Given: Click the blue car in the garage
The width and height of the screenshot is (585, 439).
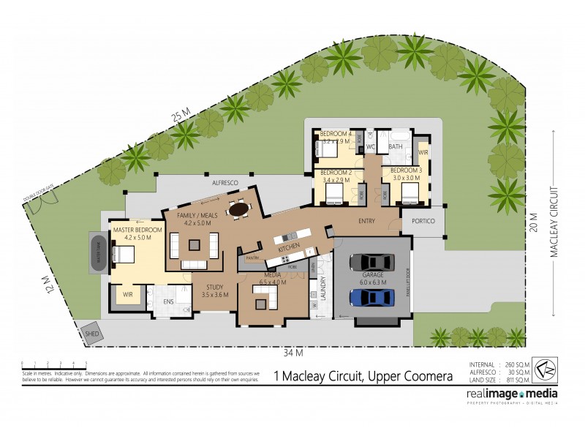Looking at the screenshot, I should click(x=371, y=298).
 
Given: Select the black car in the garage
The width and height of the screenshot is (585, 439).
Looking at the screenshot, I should click(x=371, y=261).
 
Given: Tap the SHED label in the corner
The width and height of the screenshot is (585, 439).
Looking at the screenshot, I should click(x=92, y=334).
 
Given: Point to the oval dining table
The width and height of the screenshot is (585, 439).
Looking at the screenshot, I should click(x=238, y=209).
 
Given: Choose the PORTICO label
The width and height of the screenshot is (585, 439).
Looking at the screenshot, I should click(x=423, y=221).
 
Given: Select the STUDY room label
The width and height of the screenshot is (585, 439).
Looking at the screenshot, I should click(x=214, y=288).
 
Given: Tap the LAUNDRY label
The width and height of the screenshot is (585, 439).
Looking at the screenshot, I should click(x=322, y=288).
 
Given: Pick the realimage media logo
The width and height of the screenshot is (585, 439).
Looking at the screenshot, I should click(x=512, y=395).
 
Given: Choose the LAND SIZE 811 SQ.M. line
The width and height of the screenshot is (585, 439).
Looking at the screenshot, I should click(x=500, y=380).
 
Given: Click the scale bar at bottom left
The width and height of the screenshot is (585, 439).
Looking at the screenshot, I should click(x=54, y=363).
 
